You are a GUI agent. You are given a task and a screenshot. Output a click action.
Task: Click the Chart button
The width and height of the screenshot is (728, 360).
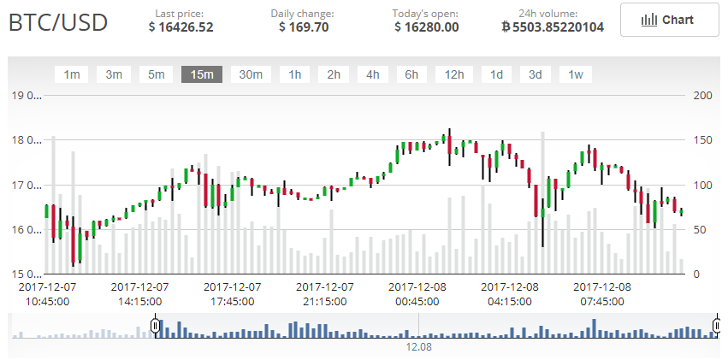tap(669, 20)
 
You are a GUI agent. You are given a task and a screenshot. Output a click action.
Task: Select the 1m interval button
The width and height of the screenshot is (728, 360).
tap(72, 74)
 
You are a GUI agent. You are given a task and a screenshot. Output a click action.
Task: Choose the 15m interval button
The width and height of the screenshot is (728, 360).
tap(202, 74)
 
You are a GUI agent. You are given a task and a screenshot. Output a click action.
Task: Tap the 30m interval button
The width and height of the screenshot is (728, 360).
tap(251, 74)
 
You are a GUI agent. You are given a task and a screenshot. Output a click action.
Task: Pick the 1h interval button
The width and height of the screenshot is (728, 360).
tap(294, 74)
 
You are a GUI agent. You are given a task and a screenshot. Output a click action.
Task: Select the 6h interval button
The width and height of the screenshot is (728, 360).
tap(411, 74)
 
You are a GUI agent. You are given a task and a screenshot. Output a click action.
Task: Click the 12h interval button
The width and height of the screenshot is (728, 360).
tap(453, 74)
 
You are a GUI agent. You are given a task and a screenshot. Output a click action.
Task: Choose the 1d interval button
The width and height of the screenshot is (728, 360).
tap(496, 74)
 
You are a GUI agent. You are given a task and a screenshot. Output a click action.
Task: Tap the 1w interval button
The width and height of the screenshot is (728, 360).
tap(576, 74)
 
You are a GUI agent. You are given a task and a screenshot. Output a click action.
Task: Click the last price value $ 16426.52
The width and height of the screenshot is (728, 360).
tap(181, 27)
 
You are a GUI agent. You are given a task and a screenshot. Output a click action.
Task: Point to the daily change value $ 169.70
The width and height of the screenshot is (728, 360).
tap(303, 27)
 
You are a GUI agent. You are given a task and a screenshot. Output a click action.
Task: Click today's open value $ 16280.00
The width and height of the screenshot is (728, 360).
tap(426, 27)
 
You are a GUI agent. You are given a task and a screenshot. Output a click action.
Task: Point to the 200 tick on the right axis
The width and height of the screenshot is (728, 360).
tap(702, 95)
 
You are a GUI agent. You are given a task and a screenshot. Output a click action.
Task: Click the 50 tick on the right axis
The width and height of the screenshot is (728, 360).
tap(699, 230)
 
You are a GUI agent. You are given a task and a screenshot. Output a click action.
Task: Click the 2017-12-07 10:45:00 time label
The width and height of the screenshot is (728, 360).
tap(48, 294)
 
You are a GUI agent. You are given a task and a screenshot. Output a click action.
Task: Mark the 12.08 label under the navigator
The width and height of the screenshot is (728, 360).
tap(418, 348)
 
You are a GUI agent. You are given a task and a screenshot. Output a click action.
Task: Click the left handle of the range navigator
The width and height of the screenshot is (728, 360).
tap(155, 326)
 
